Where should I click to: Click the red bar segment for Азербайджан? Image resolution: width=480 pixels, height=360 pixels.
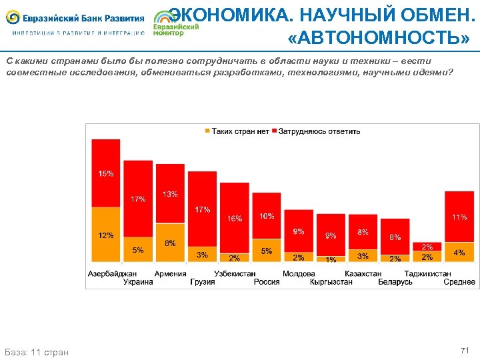click(x=106, y=173)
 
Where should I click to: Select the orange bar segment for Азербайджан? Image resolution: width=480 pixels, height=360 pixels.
click(x=106, y=234)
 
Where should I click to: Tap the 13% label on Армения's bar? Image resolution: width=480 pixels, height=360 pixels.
click(x=170, y=194)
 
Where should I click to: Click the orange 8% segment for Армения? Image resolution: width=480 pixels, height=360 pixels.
click(x=170, y=243)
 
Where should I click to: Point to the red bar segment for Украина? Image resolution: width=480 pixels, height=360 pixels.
click(x=138, y=199)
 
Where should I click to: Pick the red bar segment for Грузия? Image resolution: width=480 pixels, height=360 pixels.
click(x=202, y=209)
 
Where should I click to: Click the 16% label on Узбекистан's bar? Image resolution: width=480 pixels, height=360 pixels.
click(x=235, y=218)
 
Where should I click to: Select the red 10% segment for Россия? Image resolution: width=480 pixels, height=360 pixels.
click(x=267, y=216)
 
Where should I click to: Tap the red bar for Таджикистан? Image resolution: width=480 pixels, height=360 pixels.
click(x=427, y=246)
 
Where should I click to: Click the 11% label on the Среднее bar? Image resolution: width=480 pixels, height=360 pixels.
click(x=459, y=217)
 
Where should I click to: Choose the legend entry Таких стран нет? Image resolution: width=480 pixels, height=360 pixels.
click(x=237, y=131)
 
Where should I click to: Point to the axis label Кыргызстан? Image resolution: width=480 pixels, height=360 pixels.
click(x=331, y=282)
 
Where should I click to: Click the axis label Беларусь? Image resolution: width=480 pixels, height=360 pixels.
click(x=395, y=282)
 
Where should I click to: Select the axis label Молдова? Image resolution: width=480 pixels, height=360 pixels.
click(x=299, y=273)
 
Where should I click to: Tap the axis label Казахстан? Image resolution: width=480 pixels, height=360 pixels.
click(x=363, y=273)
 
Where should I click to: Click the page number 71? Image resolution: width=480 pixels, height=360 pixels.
click(x=465, y=350)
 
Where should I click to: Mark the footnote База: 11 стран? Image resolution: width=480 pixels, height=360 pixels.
click(x=37, y=351)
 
